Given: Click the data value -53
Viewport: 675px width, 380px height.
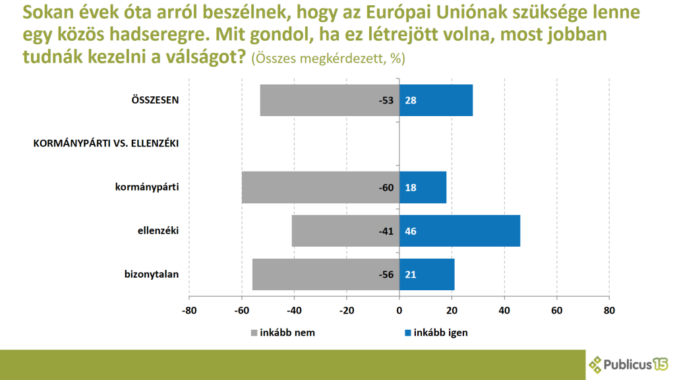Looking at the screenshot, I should tap(386, 101).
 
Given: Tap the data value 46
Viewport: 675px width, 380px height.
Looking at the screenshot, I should tap(411, 231).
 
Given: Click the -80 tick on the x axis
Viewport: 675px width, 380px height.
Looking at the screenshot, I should tap(189, 310).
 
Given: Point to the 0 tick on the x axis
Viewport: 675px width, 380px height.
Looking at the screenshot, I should tap(399, 310).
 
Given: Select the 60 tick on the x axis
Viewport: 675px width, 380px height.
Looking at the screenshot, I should tap(556, 310).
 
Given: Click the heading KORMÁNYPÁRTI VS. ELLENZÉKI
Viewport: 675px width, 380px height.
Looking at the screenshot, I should tap(106, 143).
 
